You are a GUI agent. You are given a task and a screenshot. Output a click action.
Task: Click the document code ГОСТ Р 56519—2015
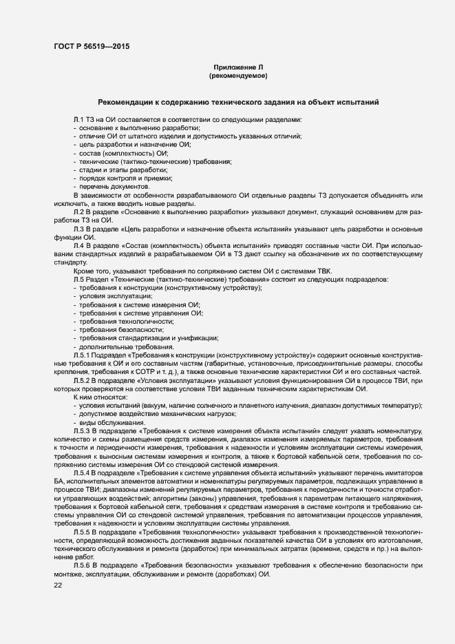click(x=90, y=46)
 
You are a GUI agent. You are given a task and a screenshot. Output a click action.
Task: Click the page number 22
click(x=58, y=585)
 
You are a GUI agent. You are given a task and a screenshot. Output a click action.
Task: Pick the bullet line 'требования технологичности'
click(x=126, y=322)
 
